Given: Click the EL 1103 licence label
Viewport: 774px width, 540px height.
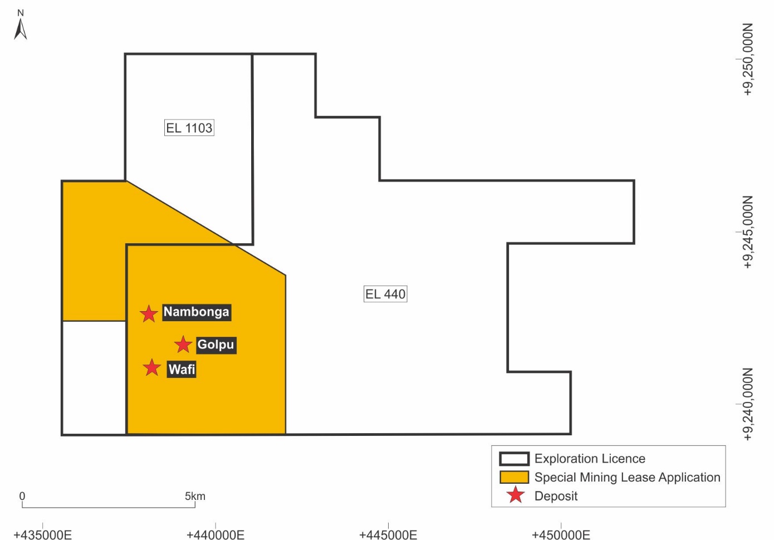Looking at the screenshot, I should coord(189,128).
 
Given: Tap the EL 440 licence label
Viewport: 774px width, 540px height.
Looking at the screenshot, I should coord(385,294).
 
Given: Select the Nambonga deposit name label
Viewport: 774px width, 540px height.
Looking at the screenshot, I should coord(196,312).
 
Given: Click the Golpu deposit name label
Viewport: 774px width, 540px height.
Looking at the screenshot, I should coord(215,345).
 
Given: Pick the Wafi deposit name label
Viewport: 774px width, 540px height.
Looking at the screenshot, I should coord(182,369).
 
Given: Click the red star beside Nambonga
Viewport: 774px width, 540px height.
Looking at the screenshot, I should coord(149,314).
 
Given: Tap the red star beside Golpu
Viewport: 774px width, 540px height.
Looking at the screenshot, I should coord(183,345).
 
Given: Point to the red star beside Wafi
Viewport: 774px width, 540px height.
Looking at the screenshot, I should coord(151,367).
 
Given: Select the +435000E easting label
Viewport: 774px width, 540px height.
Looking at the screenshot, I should coord(43,534).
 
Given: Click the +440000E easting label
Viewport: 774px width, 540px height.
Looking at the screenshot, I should coord(215,534).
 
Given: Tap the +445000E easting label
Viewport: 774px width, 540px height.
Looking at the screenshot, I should coord(388,534).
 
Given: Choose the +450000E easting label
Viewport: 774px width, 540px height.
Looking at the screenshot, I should coord(561,534).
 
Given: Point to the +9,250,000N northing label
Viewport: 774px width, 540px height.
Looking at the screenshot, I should coord(748,59).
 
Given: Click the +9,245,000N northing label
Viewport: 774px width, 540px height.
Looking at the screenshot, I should coord(748,232).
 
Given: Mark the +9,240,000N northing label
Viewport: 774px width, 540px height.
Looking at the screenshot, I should coord(748,404).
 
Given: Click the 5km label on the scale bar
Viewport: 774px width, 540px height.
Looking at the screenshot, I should coord(195,496).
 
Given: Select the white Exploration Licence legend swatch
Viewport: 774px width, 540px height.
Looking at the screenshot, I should coord(514,459).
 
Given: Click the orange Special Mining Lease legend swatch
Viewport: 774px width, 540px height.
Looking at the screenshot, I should coord(514,477).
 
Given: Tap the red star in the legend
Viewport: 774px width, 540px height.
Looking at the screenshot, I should coord(516,495).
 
